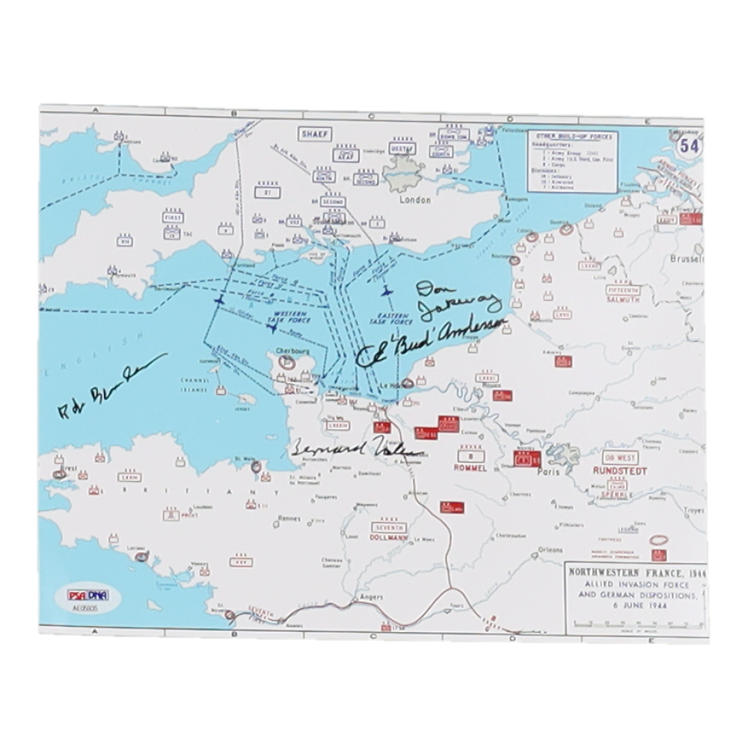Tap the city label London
point(416,200)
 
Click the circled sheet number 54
point(688,147)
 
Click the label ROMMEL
point(470,467)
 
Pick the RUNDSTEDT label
point(619,471)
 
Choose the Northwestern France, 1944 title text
point(635,573)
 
